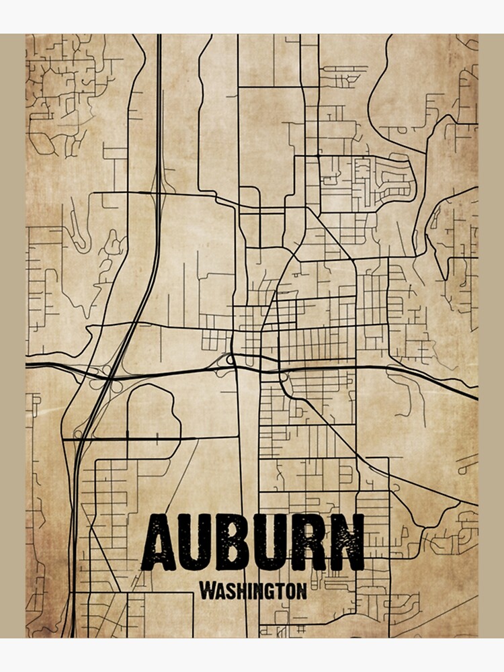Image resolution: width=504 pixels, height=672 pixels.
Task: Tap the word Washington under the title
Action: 253,591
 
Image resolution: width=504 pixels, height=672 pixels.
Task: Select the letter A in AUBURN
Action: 159,542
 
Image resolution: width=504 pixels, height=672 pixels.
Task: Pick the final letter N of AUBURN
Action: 347,542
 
